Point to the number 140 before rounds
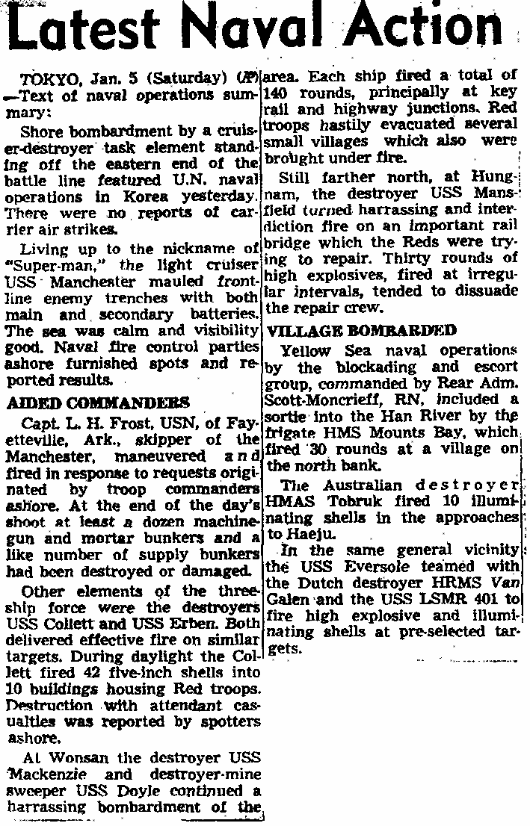point(283,93)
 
